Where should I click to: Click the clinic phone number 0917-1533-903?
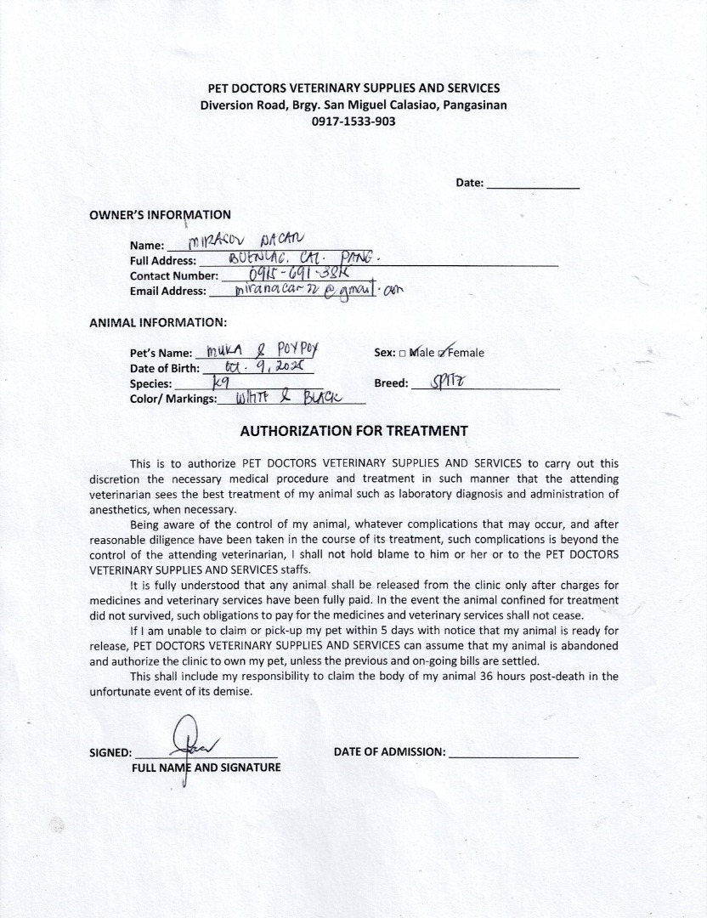353,122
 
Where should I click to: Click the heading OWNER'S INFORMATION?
160,215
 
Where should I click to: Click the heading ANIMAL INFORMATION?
158,322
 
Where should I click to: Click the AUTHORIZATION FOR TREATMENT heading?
353,430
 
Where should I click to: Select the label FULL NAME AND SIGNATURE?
206,768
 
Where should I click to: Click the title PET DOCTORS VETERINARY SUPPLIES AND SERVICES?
353,88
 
